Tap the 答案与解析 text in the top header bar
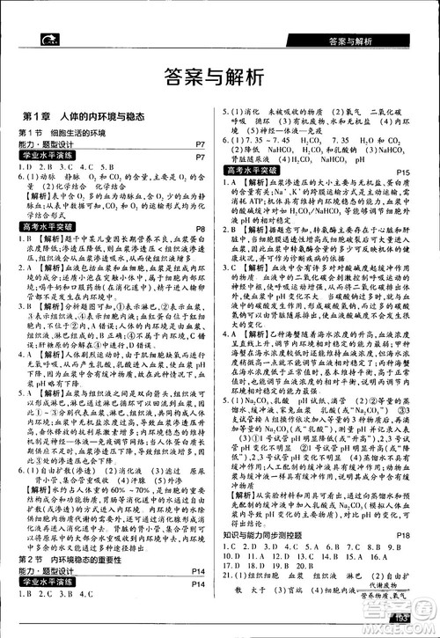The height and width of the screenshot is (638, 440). pos(348,41)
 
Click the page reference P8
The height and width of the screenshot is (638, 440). pos(200,228)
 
